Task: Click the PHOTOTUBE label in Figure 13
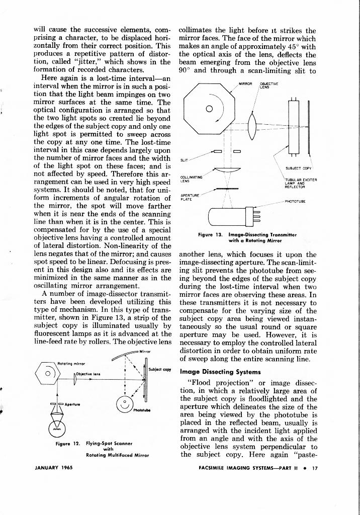[x=297, y=201]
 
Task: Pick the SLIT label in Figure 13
[x=184, y=160]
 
